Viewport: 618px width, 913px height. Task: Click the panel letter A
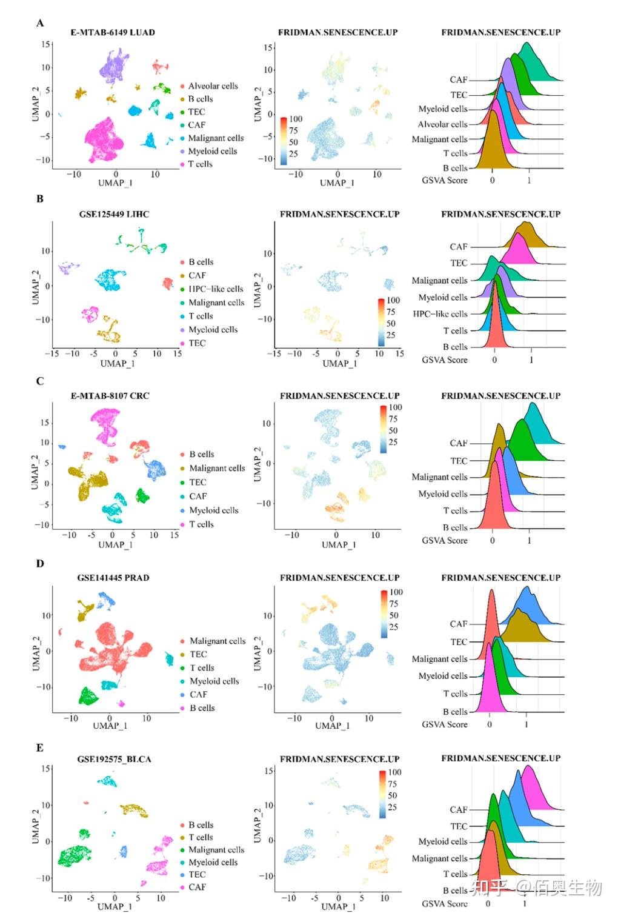(x=40, y=23)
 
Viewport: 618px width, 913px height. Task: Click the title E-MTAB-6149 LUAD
(x=113, y=32)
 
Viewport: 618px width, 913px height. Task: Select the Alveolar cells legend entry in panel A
(x=212, y=86)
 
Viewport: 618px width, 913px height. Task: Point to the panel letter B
(x=40, y=199)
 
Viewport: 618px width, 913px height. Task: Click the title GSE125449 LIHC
(x=114, y=214)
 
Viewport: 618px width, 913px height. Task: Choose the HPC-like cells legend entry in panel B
(x=215, y=289)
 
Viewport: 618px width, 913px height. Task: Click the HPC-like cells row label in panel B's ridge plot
(x=440, y=314)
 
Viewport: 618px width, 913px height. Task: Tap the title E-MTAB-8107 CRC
(x=110, y=396)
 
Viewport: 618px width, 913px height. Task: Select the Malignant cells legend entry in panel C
(x=216, y=468)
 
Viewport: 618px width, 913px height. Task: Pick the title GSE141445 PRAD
(x=113, y=578)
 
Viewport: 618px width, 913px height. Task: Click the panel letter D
(x=40, y=563)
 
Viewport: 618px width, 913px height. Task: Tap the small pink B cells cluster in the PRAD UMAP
(x=121, y=703)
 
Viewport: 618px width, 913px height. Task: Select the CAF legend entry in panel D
(x=198, y=695)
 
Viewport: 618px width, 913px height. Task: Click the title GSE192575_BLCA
(x=114, y=759)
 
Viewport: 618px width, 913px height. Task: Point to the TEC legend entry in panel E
(x=197, y=875)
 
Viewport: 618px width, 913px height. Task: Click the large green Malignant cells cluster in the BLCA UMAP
(x=73, y=855)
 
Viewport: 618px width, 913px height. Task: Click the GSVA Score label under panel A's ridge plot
(x=445, y=180)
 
